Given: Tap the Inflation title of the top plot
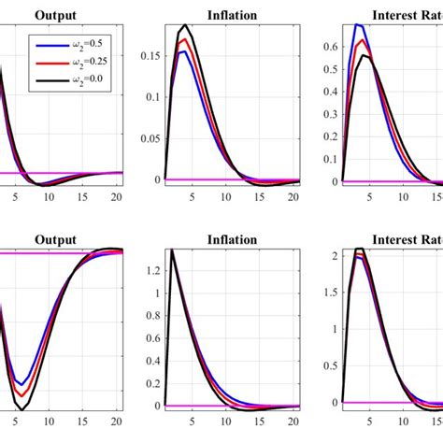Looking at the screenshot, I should tap(233, 14).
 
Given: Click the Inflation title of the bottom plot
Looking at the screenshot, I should tap(233, 239).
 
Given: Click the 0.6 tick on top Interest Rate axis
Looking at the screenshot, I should tap(331, 44).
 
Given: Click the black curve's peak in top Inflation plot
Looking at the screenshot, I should tap(186, 25).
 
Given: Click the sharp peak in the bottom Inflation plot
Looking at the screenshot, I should tap(172, 250).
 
